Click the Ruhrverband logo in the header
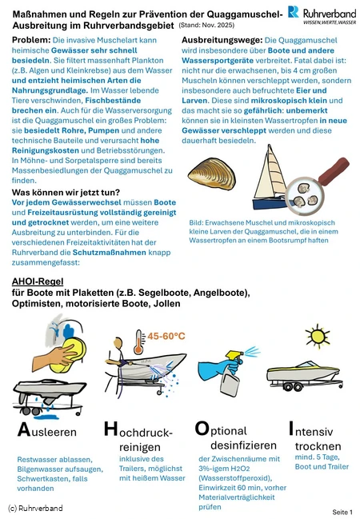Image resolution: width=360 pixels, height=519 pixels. (322, 14)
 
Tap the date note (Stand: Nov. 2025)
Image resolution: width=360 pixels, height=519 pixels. (206, 25)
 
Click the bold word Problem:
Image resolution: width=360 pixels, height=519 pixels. (31, 40)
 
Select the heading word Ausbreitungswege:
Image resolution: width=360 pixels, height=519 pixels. (222, 40)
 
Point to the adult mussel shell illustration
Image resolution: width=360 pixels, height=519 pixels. (212, 174)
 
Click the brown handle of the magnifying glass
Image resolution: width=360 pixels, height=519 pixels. (334, 170)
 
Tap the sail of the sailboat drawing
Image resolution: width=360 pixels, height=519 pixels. (270, 172)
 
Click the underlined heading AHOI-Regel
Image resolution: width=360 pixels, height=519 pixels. (38, 281)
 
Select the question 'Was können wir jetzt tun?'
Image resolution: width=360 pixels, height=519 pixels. (66, 192)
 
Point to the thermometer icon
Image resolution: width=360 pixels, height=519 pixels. (139, 342)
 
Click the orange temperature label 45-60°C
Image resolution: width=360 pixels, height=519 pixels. (166, 337)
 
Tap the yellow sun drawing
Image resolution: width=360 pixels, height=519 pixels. (318, 336)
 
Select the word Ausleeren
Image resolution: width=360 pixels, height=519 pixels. (47, 430)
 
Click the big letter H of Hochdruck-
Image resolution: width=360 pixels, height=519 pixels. (110, 429)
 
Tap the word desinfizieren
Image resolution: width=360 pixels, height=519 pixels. (243, 445)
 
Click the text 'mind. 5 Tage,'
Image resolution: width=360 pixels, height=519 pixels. (318, 457)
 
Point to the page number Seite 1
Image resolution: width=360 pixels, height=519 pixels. (342, 512)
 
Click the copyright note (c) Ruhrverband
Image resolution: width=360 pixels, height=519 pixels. (35, 508)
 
